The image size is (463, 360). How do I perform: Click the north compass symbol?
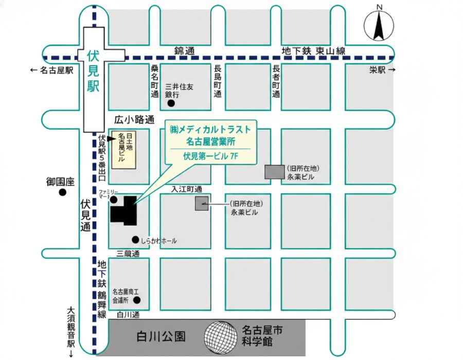coord(379,26)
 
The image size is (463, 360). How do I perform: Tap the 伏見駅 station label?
coord(93,70)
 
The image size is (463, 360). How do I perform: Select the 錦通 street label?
coord(185,50)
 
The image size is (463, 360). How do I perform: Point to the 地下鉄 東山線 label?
coord(314,50)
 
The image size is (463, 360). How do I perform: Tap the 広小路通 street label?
coord(134,120)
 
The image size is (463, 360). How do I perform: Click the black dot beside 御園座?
coord(63,193)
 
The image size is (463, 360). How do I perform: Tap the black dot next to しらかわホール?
coord(135,240)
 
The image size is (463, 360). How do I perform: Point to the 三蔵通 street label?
coord(128,254)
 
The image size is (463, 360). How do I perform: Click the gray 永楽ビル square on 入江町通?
coord(202,204)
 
